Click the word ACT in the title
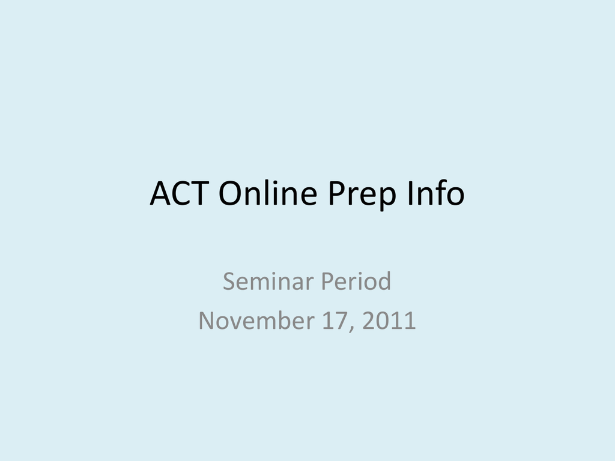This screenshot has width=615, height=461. coord(179,193)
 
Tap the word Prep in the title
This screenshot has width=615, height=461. coord(362,195)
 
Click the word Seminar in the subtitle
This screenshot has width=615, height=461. coord(270,281)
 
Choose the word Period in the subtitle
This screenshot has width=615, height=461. coord(356,281)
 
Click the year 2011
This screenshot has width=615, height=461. coord(389,321)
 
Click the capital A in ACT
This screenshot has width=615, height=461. coord(161,193)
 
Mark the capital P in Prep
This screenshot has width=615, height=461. coord(336,193)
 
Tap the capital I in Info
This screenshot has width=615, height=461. coord(410,193)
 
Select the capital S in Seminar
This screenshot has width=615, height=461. coord(229,281)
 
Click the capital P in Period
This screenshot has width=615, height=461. coord(327,281)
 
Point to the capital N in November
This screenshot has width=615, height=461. coord(207,321)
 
